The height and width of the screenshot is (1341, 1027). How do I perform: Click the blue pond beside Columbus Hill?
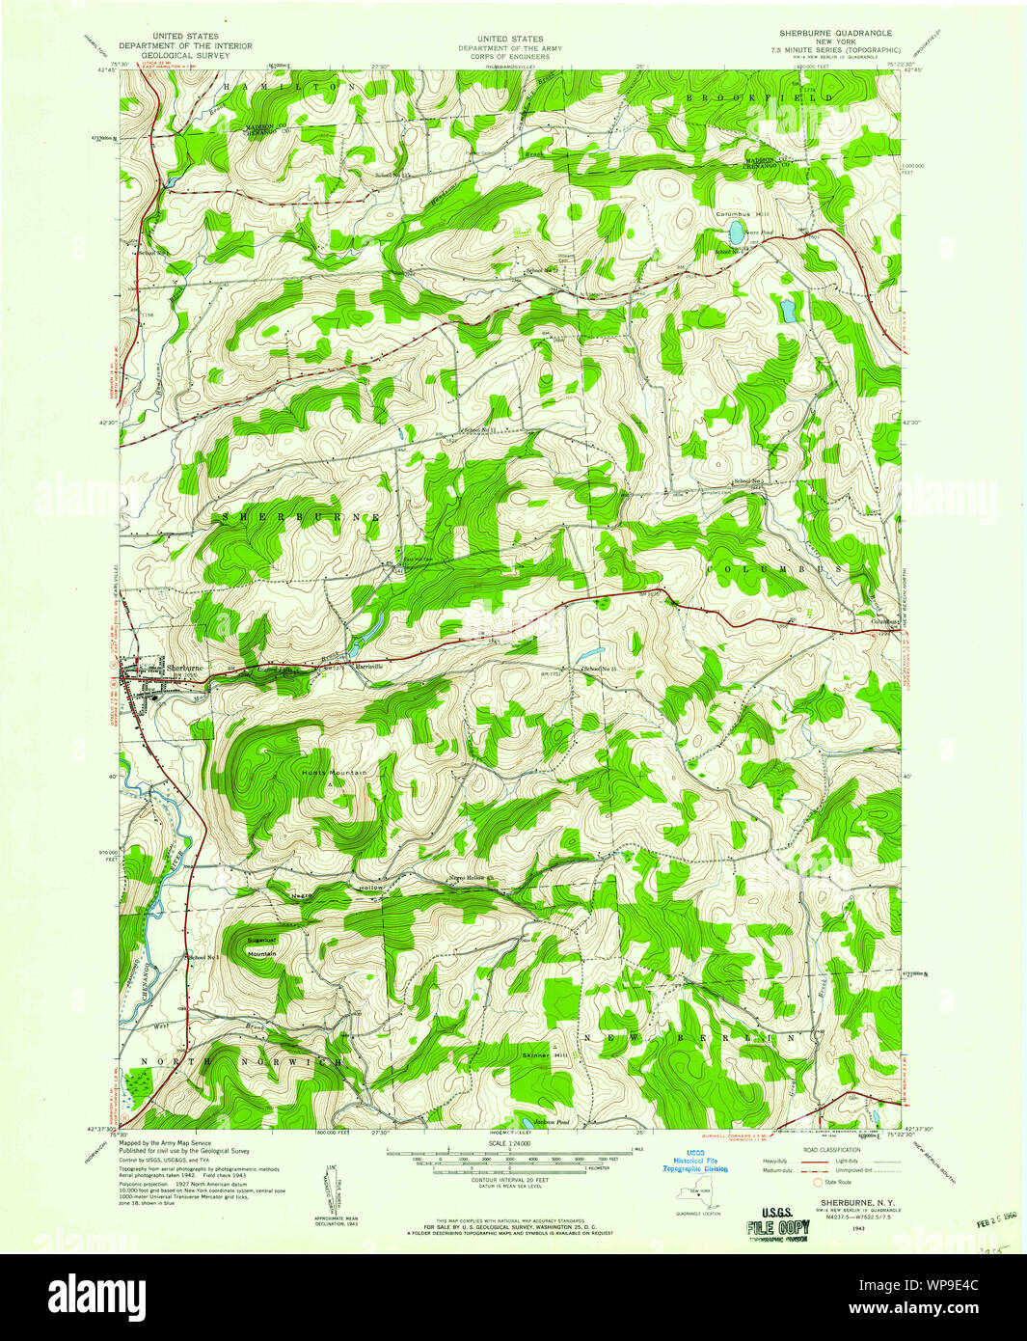coord(736,233)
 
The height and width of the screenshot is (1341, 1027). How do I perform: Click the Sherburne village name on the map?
coord(184,668)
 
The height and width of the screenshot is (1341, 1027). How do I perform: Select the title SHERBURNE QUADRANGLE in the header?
coord(835,33)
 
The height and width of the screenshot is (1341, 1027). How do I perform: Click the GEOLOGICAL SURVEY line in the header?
coord(186,55)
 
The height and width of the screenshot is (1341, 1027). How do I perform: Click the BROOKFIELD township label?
coord(760,98)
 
